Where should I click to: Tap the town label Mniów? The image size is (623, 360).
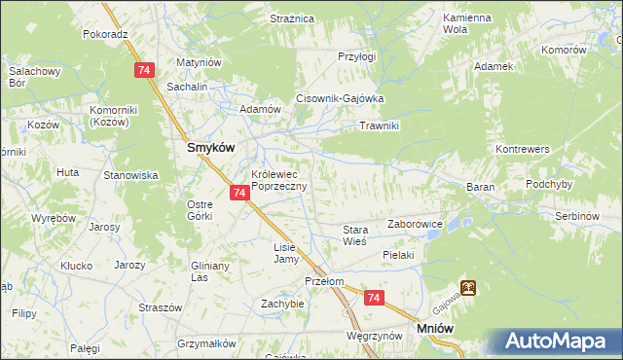pyautogui.click(x=436, y=330)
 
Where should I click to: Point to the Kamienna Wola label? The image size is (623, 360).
pyautogui.click(x=466, y=23)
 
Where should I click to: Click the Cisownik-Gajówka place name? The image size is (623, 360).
pyautogui.click(x=342, y=98)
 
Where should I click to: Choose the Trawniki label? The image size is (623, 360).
pyautogui.click(x=381, y=126)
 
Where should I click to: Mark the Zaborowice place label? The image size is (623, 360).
pyautogui.click(x=416, y=224)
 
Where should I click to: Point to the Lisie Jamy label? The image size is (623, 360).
pyautogui.click(x=284, y=253)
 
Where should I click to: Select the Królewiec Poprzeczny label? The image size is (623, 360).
pyautogui.click(x=279, y=180)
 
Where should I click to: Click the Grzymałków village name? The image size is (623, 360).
pyautogui.click(x=208, y=342)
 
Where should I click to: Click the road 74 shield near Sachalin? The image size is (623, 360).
pyautogui.click(x=144, y=70)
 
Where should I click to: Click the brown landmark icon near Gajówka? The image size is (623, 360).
pyautogui.click(x=469, y=288)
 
